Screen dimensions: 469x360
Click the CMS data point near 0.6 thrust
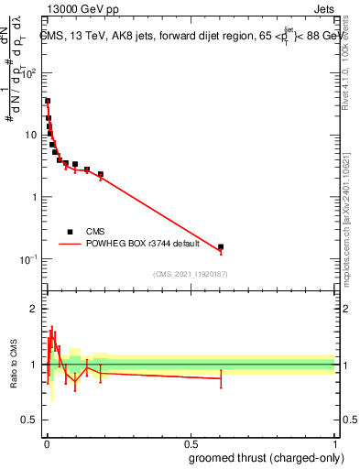click(221, 246)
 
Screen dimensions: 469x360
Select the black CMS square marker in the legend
click(70, 232)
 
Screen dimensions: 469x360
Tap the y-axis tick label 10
click(29, 136)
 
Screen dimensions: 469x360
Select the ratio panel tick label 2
click(33, 309)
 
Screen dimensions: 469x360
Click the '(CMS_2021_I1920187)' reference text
click(190, 273)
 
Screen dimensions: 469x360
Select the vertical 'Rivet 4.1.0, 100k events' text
click(345, 82)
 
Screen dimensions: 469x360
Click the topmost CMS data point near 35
click(48, 101)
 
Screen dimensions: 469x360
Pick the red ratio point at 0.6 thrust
click(221, 378)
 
